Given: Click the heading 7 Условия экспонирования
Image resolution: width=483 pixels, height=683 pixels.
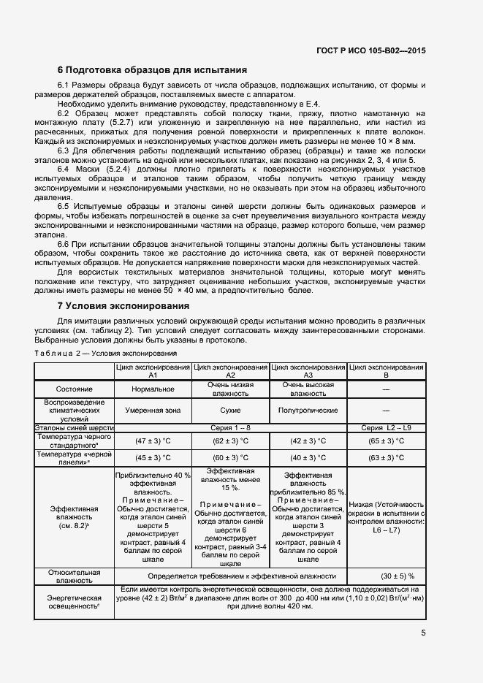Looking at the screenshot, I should pos(123,305).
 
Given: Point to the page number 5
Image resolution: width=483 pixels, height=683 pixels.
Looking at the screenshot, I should pos(423,633).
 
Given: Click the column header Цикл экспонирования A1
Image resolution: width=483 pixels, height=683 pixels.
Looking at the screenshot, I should pos(153,370).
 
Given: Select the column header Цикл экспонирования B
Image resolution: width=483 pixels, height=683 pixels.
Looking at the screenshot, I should pos(386,370).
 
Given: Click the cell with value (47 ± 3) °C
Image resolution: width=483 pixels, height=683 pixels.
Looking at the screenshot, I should pos(153,441).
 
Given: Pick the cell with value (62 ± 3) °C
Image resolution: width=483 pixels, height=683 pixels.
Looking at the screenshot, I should pos(231,441).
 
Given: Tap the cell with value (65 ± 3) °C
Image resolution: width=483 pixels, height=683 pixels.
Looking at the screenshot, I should pos(386,441).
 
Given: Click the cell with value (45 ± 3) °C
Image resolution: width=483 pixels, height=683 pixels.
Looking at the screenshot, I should pos(153,458).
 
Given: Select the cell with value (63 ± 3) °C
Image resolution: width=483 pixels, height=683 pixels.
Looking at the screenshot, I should pos(386,458).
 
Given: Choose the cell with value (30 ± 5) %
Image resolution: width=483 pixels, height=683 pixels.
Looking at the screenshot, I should pos(386,576).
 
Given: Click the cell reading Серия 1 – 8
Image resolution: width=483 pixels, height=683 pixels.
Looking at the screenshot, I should pos(231,427).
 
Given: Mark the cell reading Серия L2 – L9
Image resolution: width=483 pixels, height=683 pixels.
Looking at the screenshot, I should pos(386,427).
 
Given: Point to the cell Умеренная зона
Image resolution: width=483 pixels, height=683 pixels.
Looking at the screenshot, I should pos(153,410).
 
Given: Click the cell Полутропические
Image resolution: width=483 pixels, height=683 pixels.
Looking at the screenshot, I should pos(308,410).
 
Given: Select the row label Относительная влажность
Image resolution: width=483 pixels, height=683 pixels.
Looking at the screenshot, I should pos(75,576).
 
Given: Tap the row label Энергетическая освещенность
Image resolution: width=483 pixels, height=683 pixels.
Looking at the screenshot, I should pos(75,601).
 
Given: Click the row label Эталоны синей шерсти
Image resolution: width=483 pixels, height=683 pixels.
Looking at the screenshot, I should pos(75,427).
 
